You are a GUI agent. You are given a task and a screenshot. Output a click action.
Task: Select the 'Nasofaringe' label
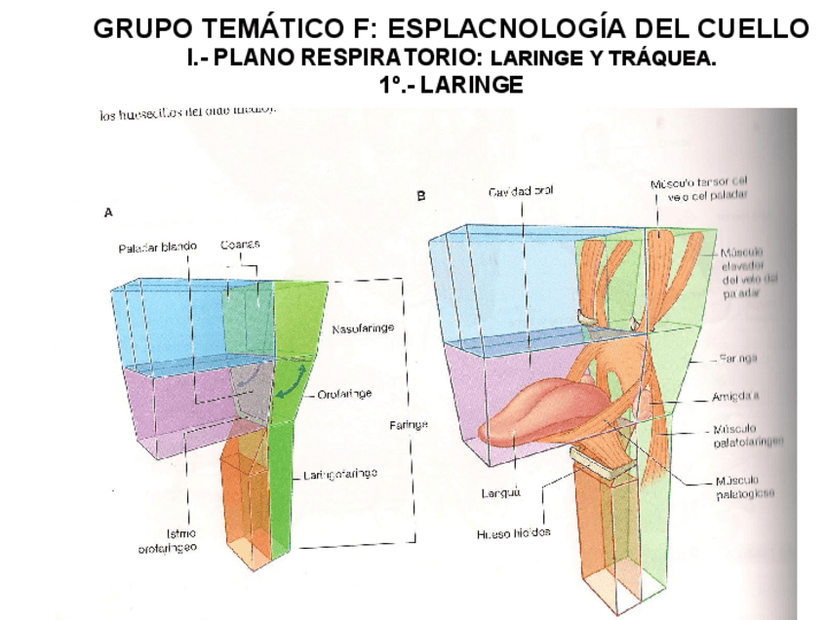(x=363, y=329)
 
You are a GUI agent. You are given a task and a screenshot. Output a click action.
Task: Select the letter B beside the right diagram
(x=420, y=196)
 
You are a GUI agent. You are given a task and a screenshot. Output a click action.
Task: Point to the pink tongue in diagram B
(x=527, y=409)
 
